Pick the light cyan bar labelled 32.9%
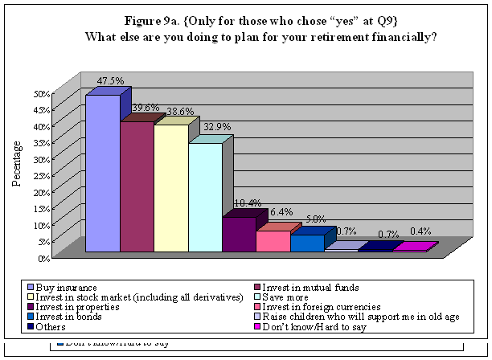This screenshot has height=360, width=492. (x=205, y=198)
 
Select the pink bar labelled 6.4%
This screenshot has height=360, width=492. (x=273, y=241)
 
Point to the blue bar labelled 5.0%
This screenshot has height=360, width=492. (x=307, y=243)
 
